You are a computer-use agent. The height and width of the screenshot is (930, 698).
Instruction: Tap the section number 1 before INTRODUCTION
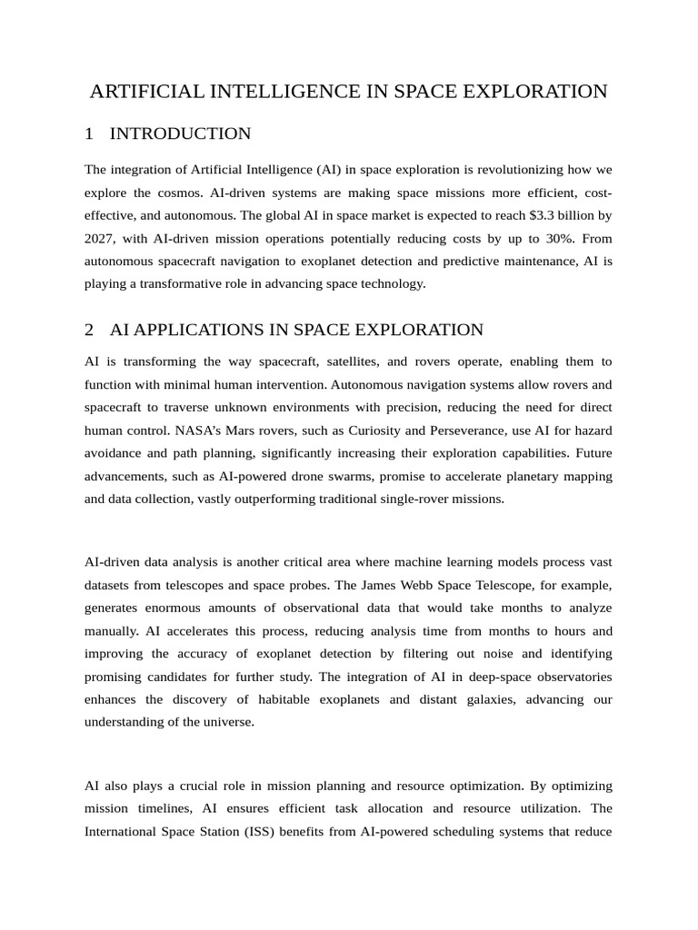89,134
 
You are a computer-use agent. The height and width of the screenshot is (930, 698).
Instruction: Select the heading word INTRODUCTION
180,134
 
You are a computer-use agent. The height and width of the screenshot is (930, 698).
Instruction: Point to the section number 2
89,330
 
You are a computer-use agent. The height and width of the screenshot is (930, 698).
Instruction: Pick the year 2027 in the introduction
99,238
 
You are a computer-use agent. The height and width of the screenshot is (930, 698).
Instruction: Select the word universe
230,722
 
